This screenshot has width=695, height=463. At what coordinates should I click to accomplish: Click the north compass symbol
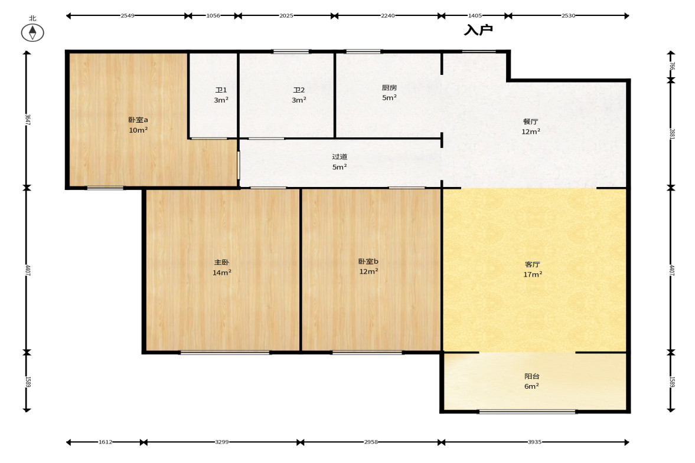pos(32,32)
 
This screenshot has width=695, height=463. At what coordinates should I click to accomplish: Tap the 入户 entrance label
pos(478,30)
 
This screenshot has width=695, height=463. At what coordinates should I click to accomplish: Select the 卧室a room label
pos(138,120)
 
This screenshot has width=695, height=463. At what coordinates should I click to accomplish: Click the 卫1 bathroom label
pos(221,90)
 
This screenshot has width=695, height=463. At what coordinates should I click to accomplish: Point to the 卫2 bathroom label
pos(299,90)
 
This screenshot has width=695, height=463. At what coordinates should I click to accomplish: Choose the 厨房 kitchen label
pos(389,88)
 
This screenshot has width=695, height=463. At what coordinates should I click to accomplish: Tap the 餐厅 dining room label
pos(531,122)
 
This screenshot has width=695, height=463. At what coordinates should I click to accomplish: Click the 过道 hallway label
pos(340,157)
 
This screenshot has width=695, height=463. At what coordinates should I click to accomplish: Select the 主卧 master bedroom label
pos(221,262)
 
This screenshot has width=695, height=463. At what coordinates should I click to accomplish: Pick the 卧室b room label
pos(368,262)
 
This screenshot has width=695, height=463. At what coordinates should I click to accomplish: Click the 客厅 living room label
pos(533,264)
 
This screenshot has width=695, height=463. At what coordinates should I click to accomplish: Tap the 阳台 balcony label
pos(532,376)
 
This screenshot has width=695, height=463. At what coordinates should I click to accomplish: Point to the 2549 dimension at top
pos(127,15)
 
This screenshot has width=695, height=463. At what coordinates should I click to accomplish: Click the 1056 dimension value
pos(213,15)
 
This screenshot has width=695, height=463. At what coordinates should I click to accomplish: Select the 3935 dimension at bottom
pos(534,442)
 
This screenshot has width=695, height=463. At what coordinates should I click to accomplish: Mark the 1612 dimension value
pos(106,442)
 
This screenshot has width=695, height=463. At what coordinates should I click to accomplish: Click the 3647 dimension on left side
pos(28,120)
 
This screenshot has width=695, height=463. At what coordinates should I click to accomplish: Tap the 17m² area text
pos(533,274)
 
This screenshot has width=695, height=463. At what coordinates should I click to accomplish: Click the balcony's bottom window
pos(527,412)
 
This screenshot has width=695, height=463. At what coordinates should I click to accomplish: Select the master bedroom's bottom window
pos(225,353)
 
